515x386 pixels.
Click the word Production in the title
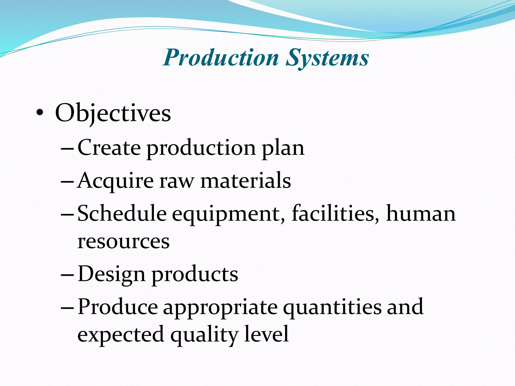[x=221, y=58]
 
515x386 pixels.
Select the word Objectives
[x=113, y=114]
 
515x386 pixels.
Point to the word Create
[x=109, y=148]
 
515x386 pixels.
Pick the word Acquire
[x=115, y=181]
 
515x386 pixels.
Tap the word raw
[x=177, y=181]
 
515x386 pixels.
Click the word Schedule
[x=122, y=213]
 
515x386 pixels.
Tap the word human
[x=421, y=214]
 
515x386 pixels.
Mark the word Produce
[x=118, y=307]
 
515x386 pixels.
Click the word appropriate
[x=220, y=308]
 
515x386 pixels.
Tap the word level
[x=267, y=334]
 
